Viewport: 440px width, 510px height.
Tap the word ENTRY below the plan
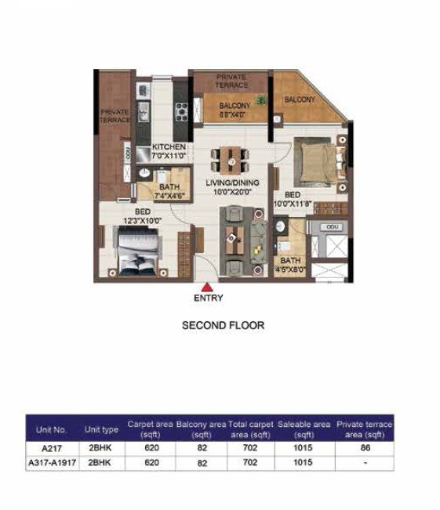(x=208, y=298)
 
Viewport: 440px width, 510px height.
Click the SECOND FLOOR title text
(x=223, y=325)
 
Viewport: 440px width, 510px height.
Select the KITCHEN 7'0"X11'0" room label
(x=169, y=151)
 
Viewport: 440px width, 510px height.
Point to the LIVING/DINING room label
(x=232, y=187)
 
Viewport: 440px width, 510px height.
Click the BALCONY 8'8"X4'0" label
(x=235, y=109)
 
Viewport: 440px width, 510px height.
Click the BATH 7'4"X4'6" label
(x=169, y=192)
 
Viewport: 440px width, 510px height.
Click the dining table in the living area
(x=231, y=158)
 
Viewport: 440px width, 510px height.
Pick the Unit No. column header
(x=52, y=429)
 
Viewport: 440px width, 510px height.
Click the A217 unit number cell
(x=52, y=448)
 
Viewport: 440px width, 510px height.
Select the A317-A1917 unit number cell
(x=52, y=463)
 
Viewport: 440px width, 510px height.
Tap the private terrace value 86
(x=363, y=448)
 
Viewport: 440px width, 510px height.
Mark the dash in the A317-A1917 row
(x=363, y=463)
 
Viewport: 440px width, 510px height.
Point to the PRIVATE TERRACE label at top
(x=231, y=81)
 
